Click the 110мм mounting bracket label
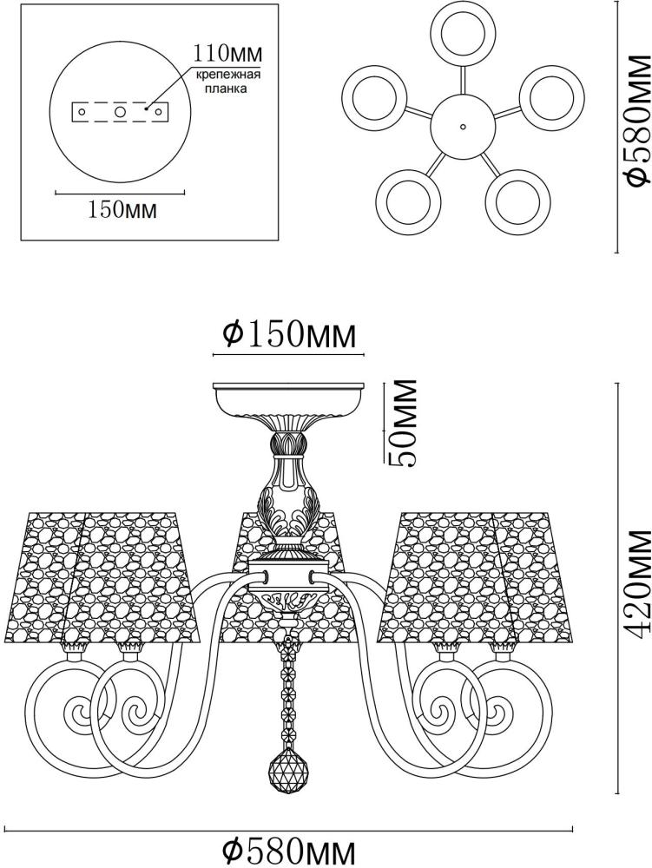[x=227, y=54]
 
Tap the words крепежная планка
[x=227, y=82]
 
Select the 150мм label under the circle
[x=122, y=210]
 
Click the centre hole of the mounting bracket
[x=120, y=112]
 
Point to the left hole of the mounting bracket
[x=82, y=112]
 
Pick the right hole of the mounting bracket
[x=158, y=112]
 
